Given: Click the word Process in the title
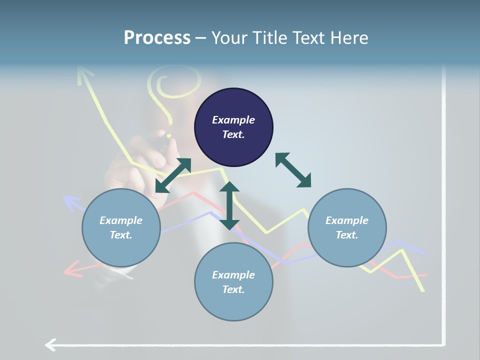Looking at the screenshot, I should tap(157, 38).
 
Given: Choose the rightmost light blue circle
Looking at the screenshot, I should tap(347, 227).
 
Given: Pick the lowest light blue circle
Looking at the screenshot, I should tap(233, 281).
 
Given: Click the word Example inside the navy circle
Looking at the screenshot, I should tap(233, 120).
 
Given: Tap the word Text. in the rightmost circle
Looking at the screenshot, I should tap(347, 235).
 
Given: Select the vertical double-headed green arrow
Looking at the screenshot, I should tap(229, 205).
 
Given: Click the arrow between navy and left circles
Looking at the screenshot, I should tap(173, 175).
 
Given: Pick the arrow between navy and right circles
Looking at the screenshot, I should tap(293, 170).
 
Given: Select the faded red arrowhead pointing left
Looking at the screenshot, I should tap(73, 269).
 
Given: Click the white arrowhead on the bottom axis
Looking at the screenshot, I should tap(50, 344).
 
